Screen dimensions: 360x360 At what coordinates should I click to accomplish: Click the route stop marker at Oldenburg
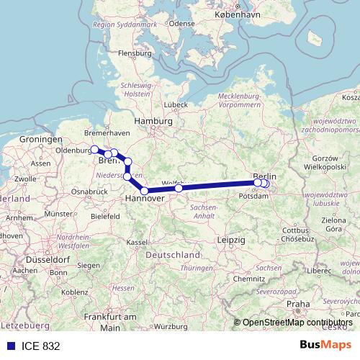pyautogui.click(x=94, y=149)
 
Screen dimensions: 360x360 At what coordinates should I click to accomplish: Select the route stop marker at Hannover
pyautogui.click(x=144, y=191)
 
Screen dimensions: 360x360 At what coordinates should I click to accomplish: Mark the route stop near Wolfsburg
pyautogui.click(x=179, y=188)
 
